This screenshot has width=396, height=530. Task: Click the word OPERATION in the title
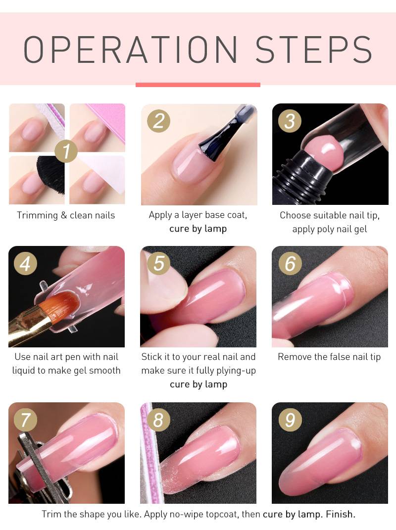click(130, 49)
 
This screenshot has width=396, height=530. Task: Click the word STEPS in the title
click(314, 49)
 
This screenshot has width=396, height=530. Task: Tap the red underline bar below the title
click(198, 85)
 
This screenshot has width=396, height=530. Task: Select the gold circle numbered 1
click(66, 151)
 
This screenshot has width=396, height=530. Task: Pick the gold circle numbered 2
click(158, 121)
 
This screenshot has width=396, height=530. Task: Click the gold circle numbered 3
click(290, 121)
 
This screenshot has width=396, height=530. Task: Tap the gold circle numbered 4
click(25, 263)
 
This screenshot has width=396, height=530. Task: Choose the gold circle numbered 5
click(158, 263)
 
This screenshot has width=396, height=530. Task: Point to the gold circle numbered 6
click(290, 263)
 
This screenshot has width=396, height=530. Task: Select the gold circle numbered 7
click(25, 420)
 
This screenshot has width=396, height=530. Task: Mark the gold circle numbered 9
click(290, 420)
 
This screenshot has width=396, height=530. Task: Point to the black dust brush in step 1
click(50, 174)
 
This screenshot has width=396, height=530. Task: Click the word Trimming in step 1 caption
click(37, 216)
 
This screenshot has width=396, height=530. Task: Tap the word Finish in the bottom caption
click(341, 514)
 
